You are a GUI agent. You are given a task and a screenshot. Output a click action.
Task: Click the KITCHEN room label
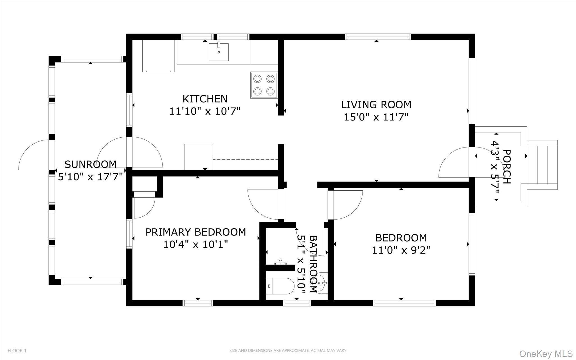205,99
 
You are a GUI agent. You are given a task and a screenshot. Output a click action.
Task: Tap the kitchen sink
219,52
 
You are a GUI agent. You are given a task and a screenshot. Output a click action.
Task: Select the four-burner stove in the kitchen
264,85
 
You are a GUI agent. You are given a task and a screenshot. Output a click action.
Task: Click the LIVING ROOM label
376,104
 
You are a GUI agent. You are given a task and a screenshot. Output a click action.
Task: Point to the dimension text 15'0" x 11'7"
376,117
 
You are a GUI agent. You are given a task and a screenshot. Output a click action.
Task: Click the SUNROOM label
90,164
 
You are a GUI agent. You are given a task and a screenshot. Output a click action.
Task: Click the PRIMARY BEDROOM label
195,232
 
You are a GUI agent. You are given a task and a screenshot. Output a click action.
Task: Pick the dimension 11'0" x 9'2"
401,250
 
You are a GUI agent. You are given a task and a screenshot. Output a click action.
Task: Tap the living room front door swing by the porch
453,163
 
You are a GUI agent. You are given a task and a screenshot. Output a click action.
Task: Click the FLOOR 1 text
17,351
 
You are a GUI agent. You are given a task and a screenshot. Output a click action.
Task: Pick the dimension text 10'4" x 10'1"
195,244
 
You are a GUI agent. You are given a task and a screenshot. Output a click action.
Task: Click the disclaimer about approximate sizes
288,351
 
